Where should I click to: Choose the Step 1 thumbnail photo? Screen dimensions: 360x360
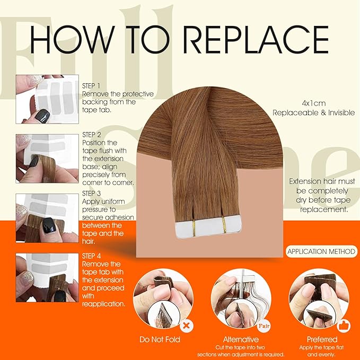(47, 99)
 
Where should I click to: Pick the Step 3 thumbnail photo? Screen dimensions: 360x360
(47, 217)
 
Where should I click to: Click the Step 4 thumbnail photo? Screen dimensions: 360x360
(47, 278)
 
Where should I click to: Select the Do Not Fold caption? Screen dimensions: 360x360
(160, 339)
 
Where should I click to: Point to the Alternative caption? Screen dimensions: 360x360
(241, 339)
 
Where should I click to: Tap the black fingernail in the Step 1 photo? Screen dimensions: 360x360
(42, 116)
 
